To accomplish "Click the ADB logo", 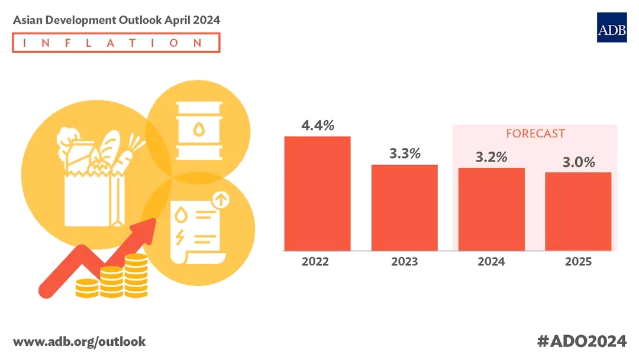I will (611, 27).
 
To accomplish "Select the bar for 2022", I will (317, 193).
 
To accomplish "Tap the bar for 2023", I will (404, 207).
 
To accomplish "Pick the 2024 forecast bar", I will (491, 209).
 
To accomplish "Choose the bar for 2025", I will (578, 211).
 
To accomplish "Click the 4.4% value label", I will (317, 126).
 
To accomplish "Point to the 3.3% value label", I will (405, 154).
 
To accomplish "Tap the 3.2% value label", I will (491, 157).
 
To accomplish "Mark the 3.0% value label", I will (578, 162).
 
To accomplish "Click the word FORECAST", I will (535, 134).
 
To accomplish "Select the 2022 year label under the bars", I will (317, 262).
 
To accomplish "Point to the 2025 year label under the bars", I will (578, 262).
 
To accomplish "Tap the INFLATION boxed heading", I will (116, 43).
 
